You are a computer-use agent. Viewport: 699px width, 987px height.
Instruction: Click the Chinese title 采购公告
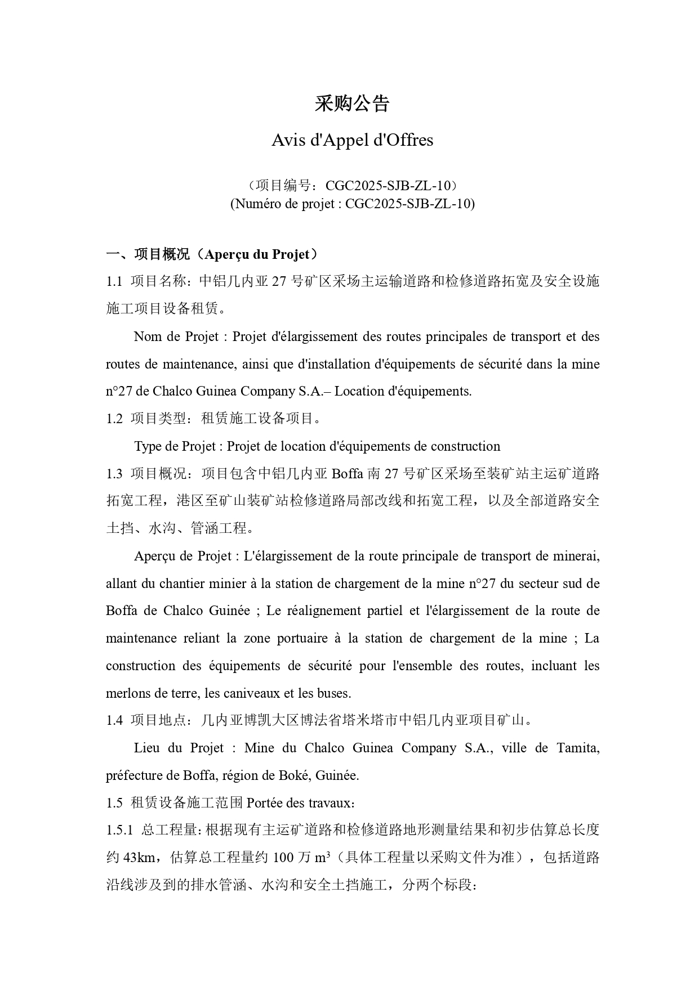pos(352,104)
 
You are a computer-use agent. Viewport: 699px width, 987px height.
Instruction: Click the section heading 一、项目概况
pos(148,254)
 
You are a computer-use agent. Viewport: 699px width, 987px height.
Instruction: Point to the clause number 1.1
pos(114,282)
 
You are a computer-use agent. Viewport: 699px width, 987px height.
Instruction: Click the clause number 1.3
pos(114,474)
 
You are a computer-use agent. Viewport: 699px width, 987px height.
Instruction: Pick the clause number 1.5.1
pos(119,830)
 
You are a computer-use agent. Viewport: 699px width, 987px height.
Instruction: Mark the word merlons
pos(126,693)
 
